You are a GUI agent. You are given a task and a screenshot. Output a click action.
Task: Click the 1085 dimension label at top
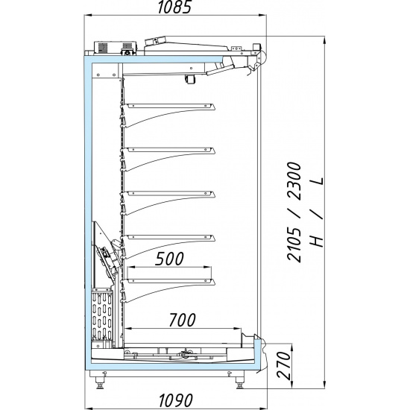(174, 7)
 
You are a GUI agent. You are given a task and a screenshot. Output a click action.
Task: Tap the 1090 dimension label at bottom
(176, 400)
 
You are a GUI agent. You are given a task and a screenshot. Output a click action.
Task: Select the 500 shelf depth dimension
(169, 259)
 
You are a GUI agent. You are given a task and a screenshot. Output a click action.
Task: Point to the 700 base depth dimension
(182, 320)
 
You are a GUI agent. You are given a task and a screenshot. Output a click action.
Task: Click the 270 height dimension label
(284, 365)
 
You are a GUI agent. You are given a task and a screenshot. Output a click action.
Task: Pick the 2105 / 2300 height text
(294, 212)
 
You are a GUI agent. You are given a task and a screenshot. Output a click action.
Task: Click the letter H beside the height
(317, 239)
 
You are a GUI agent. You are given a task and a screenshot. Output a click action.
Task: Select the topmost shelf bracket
(168, 115)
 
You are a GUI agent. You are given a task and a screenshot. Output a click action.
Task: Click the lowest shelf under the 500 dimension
(168, 291)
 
